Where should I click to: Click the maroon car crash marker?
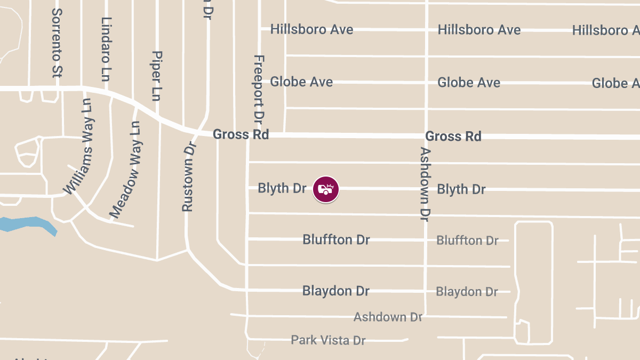pyautogui.click(x=326, y=189)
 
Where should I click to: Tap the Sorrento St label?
pyautogui.click(x=57, y=43)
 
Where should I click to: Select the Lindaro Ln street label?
pyautogui.click(x=107, y=49)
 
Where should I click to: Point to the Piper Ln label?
pyautogui.click(x=156, y=76)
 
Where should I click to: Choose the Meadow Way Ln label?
pyautogui.click(x=126, y=170)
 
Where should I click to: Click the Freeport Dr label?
pyautogui.click(x=259, y=87)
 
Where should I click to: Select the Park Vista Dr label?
pyautogui.click(x=328, y=340)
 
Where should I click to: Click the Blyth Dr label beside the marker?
pyautogui.click(x=282, y=188)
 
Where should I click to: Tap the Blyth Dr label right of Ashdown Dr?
pyautogui.click(x=461, y=189)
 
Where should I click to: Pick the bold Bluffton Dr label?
pyautogui.click(x=336, y=239)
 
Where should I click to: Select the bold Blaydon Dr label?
pyautogui.click(x=336, y=291)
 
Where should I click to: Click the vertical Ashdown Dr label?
pyautogui.click(x=425, y=184)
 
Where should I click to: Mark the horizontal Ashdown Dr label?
pyautogui.click(x=388, y=317)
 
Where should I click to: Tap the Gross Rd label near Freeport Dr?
pyautogui.click(x=241, y=134)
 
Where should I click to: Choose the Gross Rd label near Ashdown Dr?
pyautogui.click(x=453, y=136)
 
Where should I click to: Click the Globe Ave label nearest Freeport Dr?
pyautogui.click(x=301, y=82)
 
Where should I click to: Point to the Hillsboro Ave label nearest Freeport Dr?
pyautogui.click(x=311, y=29)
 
